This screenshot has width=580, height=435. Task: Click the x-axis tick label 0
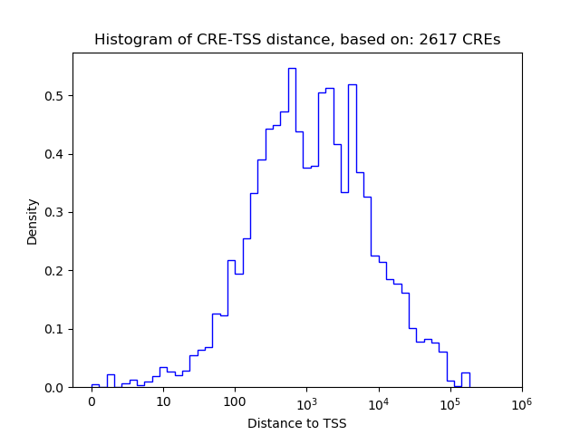(92, 401)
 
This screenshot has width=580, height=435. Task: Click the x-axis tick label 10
(163, 401)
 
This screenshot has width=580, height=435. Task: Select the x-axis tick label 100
(235, 401)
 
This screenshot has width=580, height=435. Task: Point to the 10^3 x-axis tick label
(306, 401)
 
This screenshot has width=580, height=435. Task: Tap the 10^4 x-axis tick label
(378, 401)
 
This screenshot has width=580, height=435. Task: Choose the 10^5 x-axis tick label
(449, 401)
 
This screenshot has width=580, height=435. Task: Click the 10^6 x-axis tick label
(521, 401)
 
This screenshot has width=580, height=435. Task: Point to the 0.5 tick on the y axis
(57, 96)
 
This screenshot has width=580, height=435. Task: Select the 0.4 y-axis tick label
(57, 154)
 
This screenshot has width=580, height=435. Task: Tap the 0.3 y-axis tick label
(57, 212)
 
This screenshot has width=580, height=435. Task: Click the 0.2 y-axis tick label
(57, 271)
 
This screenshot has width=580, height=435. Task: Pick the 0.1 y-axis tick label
(57, 329)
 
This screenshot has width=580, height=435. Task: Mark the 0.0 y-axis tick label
(57, 387)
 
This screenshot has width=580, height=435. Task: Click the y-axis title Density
(33, 221)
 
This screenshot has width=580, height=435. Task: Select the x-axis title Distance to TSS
(297, 422)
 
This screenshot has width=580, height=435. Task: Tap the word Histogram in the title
(128, 40)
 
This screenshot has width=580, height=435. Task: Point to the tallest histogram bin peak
(292, 69)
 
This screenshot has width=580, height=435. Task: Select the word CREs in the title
(480, 40)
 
